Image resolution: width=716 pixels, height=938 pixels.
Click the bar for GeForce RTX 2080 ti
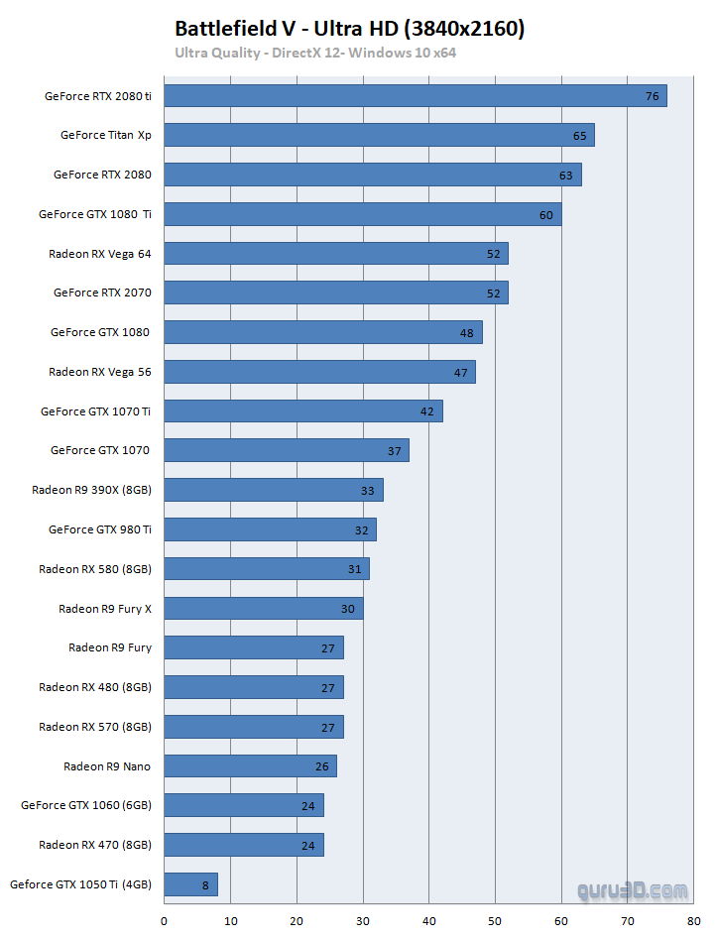point(415,96)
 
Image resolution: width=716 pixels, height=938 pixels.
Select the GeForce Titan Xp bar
point(379,135)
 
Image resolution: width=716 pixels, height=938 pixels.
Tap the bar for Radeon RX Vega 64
point(335,254)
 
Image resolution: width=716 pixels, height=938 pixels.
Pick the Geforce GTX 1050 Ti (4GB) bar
point(190,884)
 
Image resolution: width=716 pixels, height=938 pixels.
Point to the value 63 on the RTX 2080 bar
point(565,176)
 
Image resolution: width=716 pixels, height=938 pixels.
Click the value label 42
point(427,411)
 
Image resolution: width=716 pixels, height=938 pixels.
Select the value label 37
point(394,451)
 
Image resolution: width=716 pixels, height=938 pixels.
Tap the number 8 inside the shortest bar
point(204,884)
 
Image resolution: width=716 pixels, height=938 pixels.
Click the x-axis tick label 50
point(495,920)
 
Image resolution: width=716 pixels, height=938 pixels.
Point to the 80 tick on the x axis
point(694,920)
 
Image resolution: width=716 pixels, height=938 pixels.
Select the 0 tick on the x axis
point(164,920)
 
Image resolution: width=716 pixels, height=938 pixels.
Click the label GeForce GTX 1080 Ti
point(95,214)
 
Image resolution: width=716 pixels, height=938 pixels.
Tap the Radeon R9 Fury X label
point(105,608)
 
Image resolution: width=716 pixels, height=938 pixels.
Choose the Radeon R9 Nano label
point(107,765)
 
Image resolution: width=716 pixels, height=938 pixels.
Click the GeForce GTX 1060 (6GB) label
point(86,805)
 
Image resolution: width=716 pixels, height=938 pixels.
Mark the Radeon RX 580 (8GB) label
point(95,569)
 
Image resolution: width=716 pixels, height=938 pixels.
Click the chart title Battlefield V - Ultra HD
point(349,29)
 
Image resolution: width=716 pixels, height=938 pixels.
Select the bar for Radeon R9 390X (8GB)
point(273,490)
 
